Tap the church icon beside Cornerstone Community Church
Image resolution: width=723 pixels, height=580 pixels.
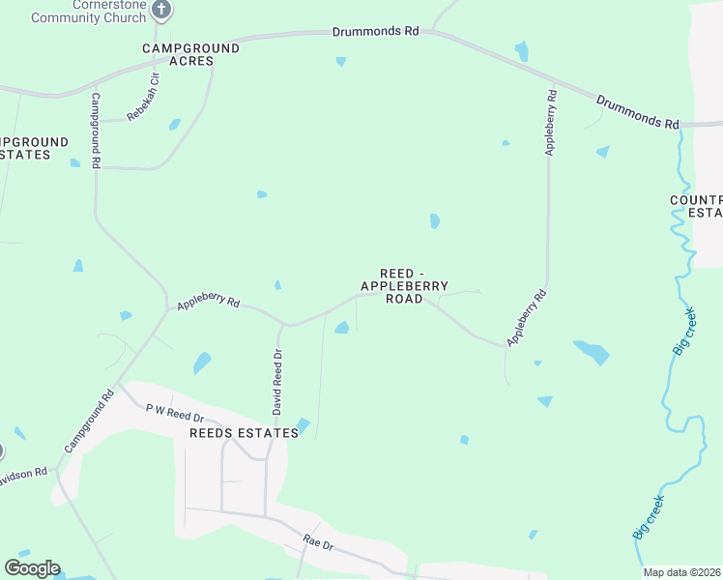pos(161,10)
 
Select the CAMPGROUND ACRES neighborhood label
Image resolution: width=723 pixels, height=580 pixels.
pos(178,54)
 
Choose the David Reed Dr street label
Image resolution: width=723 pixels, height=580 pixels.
pos(276,383)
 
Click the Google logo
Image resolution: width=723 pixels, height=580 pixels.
pos(32,568)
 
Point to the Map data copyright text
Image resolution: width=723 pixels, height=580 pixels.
pos(682,572)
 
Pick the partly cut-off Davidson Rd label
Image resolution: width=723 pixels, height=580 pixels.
pos(23,473)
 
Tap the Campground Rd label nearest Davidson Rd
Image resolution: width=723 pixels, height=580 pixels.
pos(89,421)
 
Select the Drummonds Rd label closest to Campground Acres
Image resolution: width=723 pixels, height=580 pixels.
pos(375,31)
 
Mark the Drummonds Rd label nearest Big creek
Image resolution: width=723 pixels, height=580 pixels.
pos(637,111)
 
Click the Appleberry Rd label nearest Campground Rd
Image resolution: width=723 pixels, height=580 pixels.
pos(207,303)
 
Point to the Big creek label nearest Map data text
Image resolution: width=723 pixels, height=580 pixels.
pos(648,517)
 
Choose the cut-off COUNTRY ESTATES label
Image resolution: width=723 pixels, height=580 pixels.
pos(696,207)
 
